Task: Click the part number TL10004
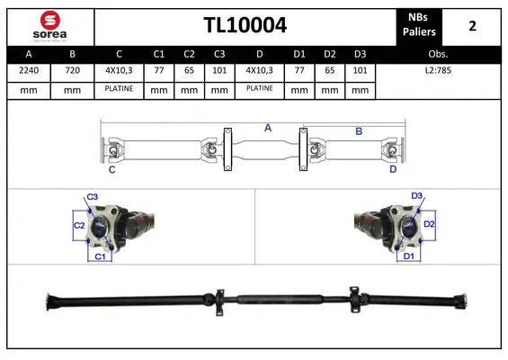click(x=244, y=25)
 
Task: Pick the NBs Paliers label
click(x=420, y=25)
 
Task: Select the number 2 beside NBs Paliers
click(x=472, y=25)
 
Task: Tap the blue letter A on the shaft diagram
click(x=267, y=129)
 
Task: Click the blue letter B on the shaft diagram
click(x=358, y=131)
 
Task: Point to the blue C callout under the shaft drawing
click(x=111, y=169)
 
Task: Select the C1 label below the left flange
click(x=101, y=257)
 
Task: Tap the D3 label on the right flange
click(x=416, y=196)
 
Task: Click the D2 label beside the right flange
click(x=429, y=224)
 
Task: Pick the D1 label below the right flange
click(x=409, y=256)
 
